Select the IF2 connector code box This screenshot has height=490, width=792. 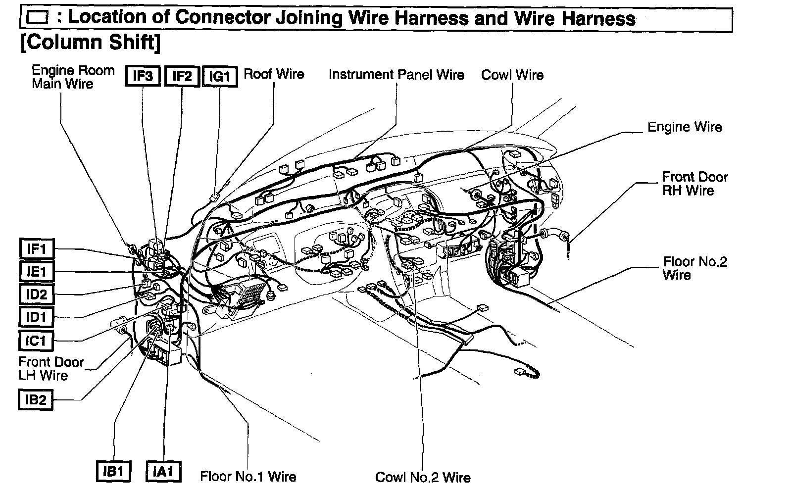point(182,76)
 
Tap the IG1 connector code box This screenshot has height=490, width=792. point(220,77)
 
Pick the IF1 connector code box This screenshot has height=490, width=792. point(37,248)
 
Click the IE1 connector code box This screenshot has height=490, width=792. point(37,272)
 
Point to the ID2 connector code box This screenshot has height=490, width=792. point(37,294)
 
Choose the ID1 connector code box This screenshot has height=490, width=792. point(37,317)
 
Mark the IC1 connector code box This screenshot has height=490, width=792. point(37,341)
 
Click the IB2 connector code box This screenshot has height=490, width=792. point(36,399)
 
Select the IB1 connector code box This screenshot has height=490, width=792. point(113,471)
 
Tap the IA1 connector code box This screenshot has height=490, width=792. point(163,471)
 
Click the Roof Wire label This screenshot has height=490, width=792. point(274,74)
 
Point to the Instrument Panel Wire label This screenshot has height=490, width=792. point(396,75)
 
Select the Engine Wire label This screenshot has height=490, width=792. point(685,127)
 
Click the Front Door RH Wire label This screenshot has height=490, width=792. point(695,184)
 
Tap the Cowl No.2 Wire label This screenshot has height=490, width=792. point(423,477)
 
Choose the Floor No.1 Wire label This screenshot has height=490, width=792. point(248,477)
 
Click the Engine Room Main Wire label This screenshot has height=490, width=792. point(73,77)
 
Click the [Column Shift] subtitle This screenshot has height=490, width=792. point(91,43)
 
